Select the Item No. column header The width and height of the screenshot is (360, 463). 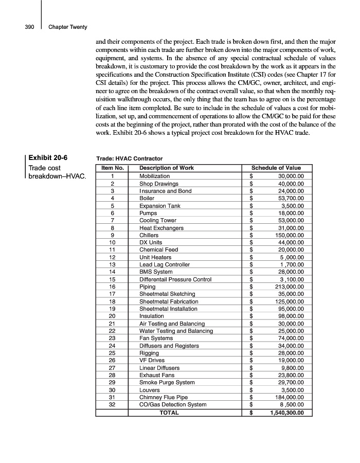[x=112, y=168]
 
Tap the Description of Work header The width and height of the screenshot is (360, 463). [x=167, y=168]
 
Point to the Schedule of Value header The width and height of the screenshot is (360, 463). [x=276, y=168]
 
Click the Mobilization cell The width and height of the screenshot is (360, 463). [x=155, y=176]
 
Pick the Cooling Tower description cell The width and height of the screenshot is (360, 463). [x=158, y=220]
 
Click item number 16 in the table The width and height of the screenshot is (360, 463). [x=112, y=287]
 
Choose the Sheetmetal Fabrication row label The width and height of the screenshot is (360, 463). [x=169, y=301]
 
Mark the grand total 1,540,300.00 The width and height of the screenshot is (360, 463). [x=287, y=413]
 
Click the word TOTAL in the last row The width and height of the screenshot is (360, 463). [x=169, y=413]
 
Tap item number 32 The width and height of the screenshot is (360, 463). [x=112, y=404]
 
